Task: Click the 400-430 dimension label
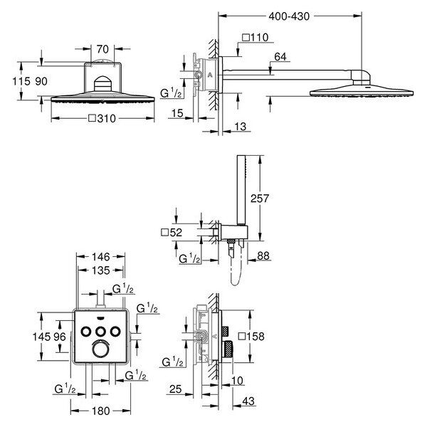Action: coord(289,16)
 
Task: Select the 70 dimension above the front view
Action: coord(102,49)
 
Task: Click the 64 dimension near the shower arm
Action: coord(280,57)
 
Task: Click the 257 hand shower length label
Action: coord(260,199)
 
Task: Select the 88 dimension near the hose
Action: coord(263,255)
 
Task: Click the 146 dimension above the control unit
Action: coord(101,256)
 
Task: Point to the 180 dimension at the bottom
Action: coord(101,411)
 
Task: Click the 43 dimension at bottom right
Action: coord(248,401)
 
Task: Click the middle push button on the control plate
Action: coord(101,332)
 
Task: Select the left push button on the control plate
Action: coord(86,332)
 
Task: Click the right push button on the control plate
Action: coord(115,332)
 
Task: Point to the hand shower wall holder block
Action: coord(233,233)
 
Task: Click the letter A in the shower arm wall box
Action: coord(210,75)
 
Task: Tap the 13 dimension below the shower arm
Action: coord(241,127)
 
